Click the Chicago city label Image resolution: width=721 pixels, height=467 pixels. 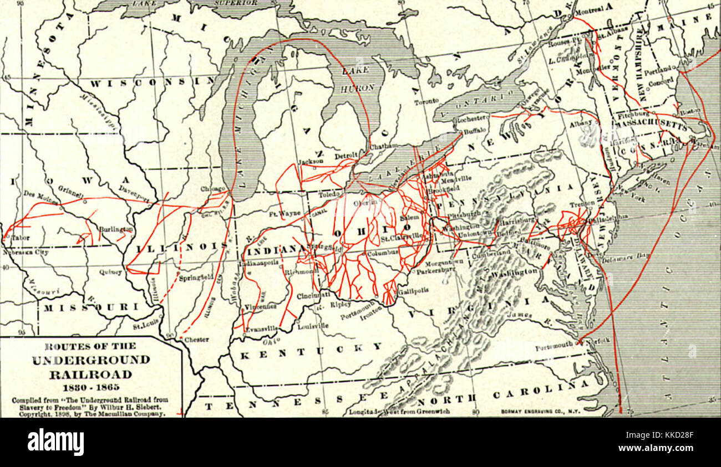[213, 189]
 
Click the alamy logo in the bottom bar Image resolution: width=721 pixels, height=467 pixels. [55, 442]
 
